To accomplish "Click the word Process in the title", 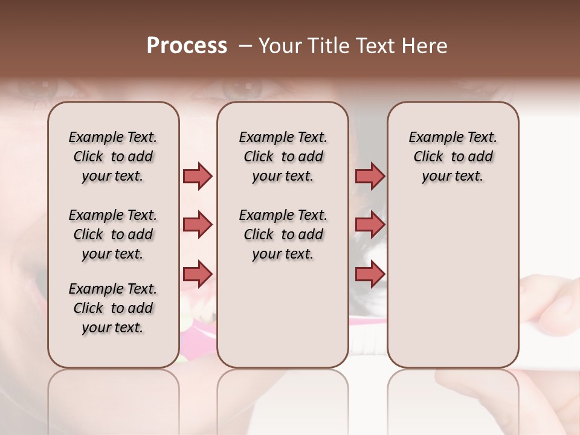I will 187,46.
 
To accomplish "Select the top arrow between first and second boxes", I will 198,176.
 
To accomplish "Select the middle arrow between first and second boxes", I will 198,225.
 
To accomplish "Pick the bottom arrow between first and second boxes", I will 198,274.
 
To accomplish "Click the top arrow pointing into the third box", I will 370,176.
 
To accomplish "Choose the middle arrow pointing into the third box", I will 370,225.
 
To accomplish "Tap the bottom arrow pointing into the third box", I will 370,274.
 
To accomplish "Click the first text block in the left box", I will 113,156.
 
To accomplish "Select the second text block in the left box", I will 113,234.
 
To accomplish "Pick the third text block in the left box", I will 113,308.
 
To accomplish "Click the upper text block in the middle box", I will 283,156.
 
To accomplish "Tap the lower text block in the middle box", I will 283,234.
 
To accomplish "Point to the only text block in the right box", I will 453,156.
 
